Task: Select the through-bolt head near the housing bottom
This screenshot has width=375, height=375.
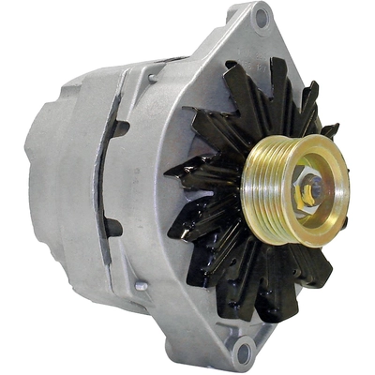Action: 141,285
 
